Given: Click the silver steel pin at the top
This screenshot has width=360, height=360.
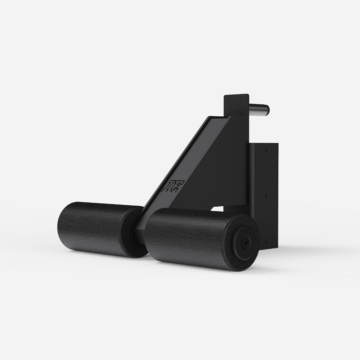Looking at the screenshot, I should pyautogui.click(x=259, y=109).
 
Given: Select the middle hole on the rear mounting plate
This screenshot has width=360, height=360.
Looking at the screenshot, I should pyautogui.click(x=266, y=196).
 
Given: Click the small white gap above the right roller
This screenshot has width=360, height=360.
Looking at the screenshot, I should pyautogui.click(x=217, y=209).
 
